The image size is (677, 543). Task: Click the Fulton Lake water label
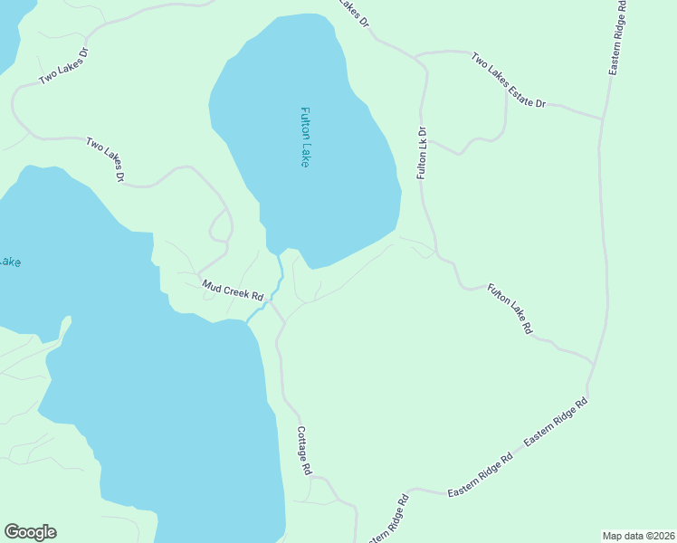pyautogui.click(x=305, y=137)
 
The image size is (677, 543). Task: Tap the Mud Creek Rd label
pyautogui.click(x=233, y=291)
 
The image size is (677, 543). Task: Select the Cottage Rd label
pyautogui.click(x=305, y=452)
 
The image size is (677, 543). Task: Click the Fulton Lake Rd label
pyautogui.click(x=510, y=310)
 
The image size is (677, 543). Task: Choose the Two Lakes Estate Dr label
pyautogui.click(x=508, y=80)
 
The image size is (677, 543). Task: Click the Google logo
pyautogui.click(x=30, y=532)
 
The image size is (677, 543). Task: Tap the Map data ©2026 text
pyautogui.click(x=637, y=536)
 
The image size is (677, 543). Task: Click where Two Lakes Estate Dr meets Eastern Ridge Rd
pyautogui.click(x=602, y=118)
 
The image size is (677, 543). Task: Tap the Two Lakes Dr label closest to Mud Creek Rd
pyautogui.click(x=104, y=159)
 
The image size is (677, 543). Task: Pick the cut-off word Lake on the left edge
pyautogui.click(x=9, y=262)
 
